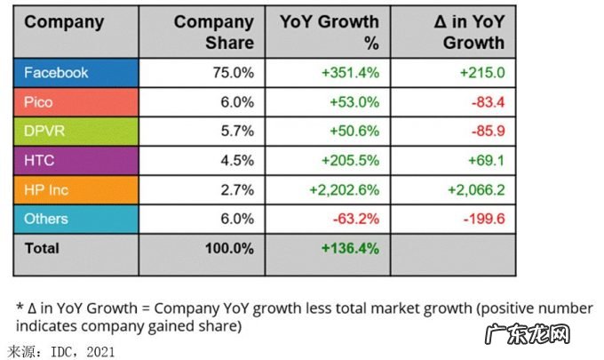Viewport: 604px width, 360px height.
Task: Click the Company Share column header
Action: tap(213, 32)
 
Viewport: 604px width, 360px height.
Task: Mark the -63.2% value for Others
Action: tap(359, 219)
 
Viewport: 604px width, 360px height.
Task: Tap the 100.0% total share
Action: tap(229, 250)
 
